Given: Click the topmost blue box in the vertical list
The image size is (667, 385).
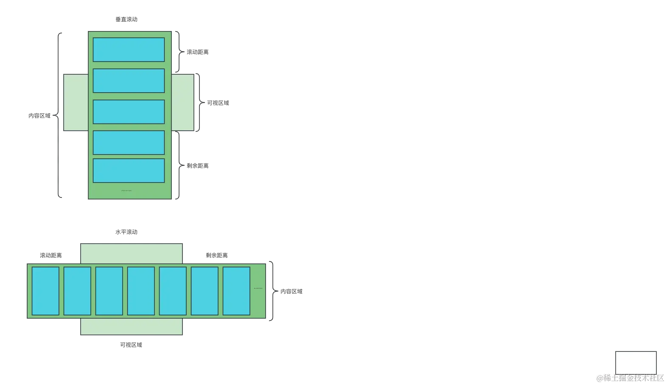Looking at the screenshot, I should pyautogui.click(x=129, y=50).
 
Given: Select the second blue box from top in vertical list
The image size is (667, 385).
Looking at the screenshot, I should pyautogui.click(x=129, y=81).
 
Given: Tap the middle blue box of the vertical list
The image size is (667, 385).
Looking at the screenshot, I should pyautogui.click(x=129, y=112).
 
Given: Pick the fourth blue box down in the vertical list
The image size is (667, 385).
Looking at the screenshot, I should pyautogui.click(x=129, y=143).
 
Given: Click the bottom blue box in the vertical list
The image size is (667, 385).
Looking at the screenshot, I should pyautogui.click(x=129, y=171).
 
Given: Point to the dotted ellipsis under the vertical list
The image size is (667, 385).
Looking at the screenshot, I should pyautogui.click(x=126, y=191).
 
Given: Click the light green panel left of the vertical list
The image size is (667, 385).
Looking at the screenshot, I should pyautogui.click(x=76, y=103).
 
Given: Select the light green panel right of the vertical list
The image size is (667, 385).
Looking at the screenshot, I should pyautogui.click(x=183, y=103).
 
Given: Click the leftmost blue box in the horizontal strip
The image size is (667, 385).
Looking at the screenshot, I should pyautogui.click(x=45, y=291).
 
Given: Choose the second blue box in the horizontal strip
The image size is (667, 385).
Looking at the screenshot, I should pyautogui.click(x=77, y=291).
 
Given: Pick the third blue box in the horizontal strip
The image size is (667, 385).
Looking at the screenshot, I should pyautogui.click(x=109, y=291).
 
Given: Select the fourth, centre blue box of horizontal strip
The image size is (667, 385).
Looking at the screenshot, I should pyautogui.click(x=141, y=291).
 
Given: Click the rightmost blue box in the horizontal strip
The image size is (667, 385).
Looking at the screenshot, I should pyautogui.click(x=236, y=291).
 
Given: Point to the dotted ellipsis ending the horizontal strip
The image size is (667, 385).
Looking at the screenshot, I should pyautogui.click(x=258, y=288).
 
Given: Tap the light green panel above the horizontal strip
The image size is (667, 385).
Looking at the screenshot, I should pyautogui.click(x=131, y=253).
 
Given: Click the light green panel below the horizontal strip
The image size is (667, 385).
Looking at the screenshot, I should pyautogui.click(x=131, y=327).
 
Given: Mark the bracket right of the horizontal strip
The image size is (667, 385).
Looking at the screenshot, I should pyautogui.click(x=272, y=292).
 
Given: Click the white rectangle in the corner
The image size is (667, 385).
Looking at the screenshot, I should pyautogui.click(x=636, y=362).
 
